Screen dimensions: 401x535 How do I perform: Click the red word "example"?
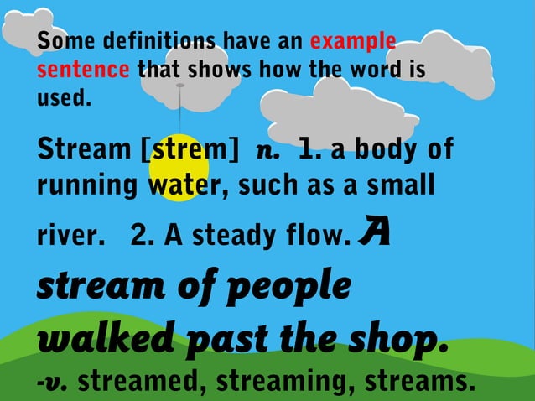point(352,41)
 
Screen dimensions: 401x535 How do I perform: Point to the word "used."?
point(63,97)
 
